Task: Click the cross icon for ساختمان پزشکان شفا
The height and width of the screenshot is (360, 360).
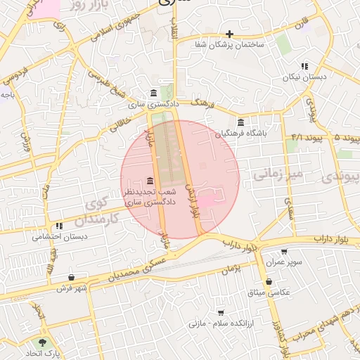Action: coord(229,34)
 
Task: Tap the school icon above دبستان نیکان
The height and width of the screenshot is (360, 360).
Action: coord(304,66)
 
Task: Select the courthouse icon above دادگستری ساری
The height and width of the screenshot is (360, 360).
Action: coord(154,94)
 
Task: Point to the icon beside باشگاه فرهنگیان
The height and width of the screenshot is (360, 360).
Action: coord(240,122)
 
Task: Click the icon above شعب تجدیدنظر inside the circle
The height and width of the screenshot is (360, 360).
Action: coord(149,181)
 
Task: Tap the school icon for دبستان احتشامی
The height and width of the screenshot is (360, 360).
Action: coord(59,226)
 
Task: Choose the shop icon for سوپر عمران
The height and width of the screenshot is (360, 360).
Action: coord(284,252)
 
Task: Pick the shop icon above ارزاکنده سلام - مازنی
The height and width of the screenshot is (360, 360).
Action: coord(221,312)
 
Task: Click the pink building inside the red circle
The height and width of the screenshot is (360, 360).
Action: coord(210,197)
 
